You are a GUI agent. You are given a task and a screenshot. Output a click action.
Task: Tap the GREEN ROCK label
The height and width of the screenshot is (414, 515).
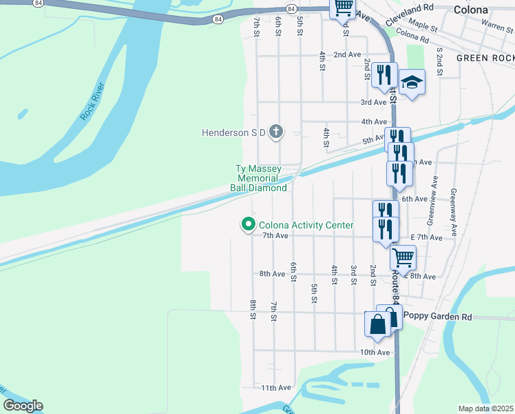(x=485, y=59)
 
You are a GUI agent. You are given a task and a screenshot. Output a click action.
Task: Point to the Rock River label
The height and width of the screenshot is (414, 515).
(x=92, y=101)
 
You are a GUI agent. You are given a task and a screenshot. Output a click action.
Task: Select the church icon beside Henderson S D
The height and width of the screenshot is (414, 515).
(x=275, y=132)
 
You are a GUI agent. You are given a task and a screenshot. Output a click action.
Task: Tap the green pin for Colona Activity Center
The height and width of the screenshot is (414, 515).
(x=248, y=225)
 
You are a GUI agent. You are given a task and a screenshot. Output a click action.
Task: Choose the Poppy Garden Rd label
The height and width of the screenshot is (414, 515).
(x=438, y=317)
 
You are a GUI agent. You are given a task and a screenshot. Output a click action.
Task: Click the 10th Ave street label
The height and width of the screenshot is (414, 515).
(x=375, y=352)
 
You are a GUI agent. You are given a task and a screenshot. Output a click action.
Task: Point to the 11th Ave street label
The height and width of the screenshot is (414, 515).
(x=275, y=388)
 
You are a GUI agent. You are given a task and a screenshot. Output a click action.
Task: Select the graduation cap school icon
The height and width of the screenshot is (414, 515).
(x=411, y=83)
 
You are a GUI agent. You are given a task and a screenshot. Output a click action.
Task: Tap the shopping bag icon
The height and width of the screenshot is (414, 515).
(x=378, y=324)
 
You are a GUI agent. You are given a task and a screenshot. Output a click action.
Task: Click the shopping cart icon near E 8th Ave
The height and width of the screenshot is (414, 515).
(x=403, y=258)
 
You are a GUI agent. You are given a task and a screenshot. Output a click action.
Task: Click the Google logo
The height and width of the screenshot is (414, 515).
(x=23, y=406)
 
